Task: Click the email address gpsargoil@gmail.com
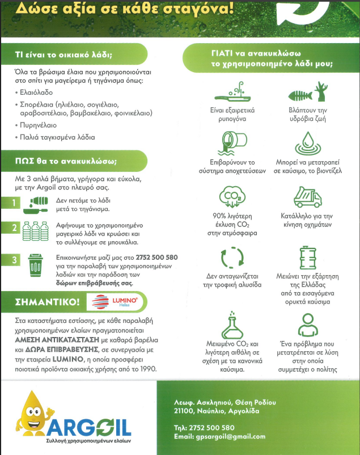[x=219, y=436]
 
